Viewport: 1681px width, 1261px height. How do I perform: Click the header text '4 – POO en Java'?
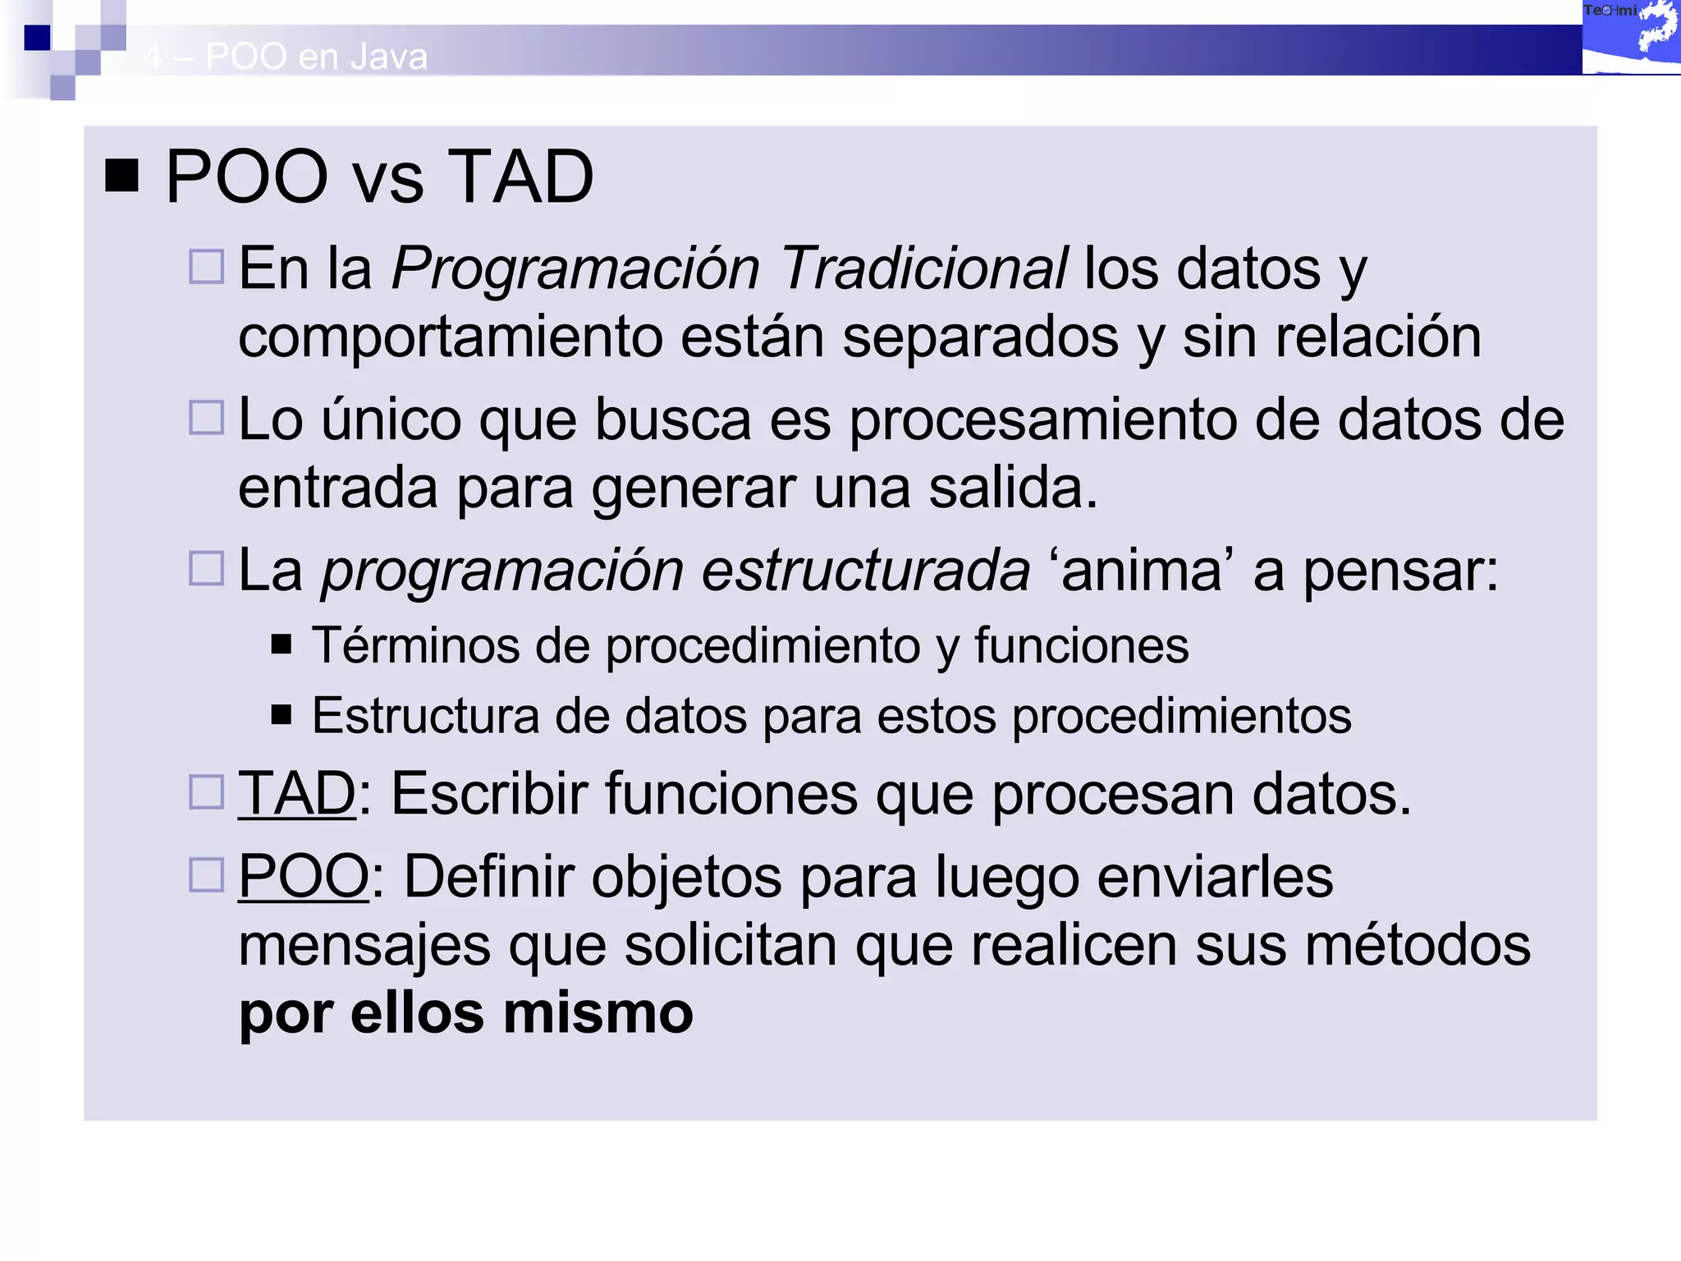285,57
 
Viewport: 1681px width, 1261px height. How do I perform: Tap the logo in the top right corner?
1630,37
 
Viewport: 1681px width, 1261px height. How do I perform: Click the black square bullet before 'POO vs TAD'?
121,176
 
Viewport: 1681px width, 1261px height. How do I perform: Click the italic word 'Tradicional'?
923,268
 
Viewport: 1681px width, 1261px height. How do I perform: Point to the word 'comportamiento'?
450,337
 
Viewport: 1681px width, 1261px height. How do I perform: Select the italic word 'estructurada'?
865,571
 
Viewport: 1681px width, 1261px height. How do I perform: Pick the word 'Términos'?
415,645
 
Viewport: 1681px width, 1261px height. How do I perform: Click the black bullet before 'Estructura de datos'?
282,715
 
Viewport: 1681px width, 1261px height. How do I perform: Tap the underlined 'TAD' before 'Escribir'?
297,794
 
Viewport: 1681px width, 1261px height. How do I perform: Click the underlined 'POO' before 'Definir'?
304,877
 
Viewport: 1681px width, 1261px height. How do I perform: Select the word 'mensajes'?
364,946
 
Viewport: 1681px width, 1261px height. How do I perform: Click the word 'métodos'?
1418,946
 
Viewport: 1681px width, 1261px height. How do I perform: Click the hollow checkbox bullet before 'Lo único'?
206,418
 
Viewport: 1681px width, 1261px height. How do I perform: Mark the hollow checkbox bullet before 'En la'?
206,267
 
